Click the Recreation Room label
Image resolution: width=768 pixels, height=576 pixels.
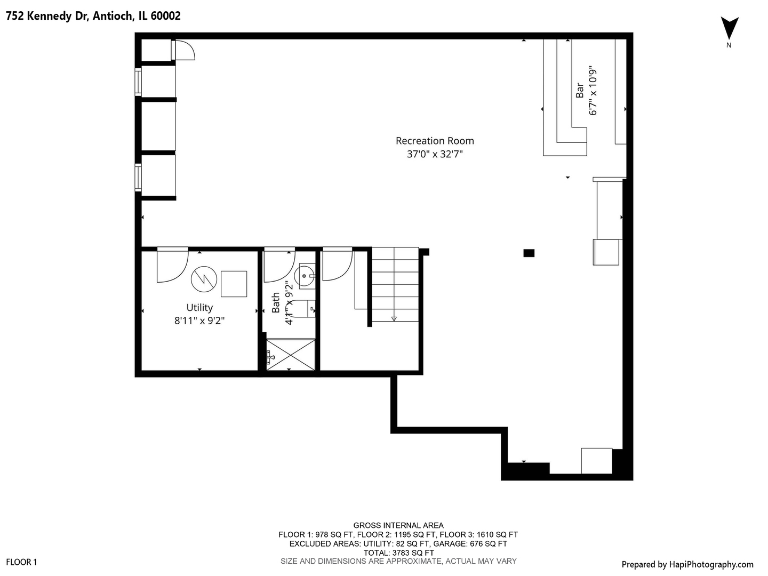pyautogui.click(x=435, y=141)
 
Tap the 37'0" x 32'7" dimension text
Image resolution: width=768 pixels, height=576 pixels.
pyautogui.click(x=435, y=154)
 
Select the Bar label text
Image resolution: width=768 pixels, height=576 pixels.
pyautogui.click(x=580, y=91)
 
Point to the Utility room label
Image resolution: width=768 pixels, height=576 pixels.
pyautogui.click(x=199, y=308)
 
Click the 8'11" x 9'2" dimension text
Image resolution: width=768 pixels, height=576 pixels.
pyautogui.click(x=199, y=321)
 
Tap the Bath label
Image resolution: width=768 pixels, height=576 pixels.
pyautogui.click(x=276, y=302)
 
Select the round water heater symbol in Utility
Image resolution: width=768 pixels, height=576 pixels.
pyautogui.click(x=204, y=279)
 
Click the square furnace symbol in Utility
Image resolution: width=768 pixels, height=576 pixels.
pyautogui.click(x=234, y=284)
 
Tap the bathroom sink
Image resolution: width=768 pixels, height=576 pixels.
pyautogui.click(x=306, y=276)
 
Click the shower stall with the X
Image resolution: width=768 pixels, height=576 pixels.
pyautogui.click(x=291, y=354)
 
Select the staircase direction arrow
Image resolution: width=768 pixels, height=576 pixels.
pyautogui.click(x=394, y=318)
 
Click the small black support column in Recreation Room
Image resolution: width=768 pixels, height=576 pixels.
pyautogui.click(x=529, y=253)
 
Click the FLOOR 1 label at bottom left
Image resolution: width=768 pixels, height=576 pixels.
pyautogui.click(x=21, y=562)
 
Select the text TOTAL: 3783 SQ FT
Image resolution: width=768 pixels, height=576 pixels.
pyautogui.click(x=398, y=553)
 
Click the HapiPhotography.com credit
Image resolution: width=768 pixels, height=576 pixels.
pyautogui.click(x=687, y=564)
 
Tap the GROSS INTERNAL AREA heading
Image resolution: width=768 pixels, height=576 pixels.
pyautogui.click(x=398, y=525)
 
